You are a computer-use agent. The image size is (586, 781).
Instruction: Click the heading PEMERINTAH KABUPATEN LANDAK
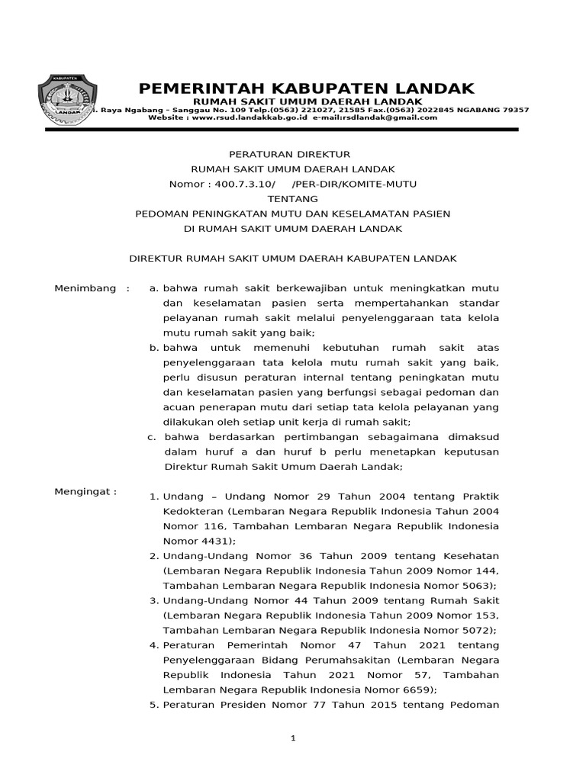pos(307,88)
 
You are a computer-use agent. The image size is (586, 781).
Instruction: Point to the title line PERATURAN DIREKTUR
pos(293,154)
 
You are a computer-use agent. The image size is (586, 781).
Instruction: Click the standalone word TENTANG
pos(293,198)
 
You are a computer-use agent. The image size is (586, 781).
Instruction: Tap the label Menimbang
pos(85,288)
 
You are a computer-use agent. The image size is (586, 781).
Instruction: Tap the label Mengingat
pos(85,491)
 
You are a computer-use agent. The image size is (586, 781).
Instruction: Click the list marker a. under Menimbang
pos(153,288)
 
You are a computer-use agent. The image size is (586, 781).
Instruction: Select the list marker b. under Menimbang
pos(153,348)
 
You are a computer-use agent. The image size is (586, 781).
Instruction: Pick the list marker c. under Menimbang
pos(153,437)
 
